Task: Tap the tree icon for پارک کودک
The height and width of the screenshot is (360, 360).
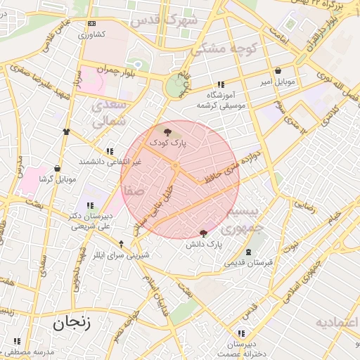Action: tap(167, 131)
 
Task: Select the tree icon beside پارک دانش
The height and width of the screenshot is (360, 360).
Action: tap(204, 233)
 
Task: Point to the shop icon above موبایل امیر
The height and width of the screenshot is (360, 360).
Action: tap(279, 71)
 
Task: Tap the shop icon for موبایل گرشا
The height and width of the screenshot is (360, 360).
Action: tap(57, 169)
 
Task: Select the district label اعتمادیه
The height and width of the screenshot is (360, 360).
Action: tap(337, 323)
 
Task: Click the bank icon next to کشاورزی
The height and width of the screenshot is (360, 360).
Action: tap(91, 23)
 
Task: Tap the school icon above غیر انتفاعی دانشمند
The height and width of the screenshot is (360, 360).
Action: tap(109, 151)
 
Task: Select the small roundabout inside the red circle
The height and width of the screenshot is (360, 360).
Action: tap(176, 165)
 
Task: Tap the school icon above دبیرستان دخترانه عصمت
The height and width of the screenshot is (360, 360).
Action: tap(241, 333)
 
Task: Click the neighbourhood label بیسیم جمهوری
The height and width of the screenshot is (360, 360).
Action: tap(240, 219)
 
